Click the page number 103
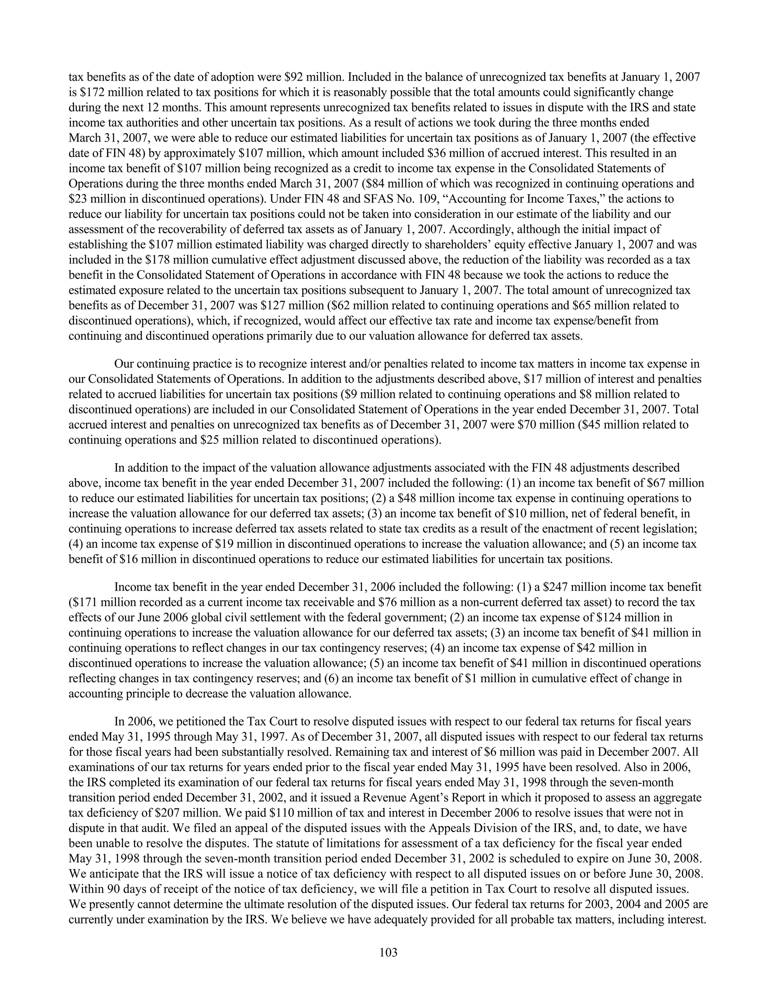click(388, 952)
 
